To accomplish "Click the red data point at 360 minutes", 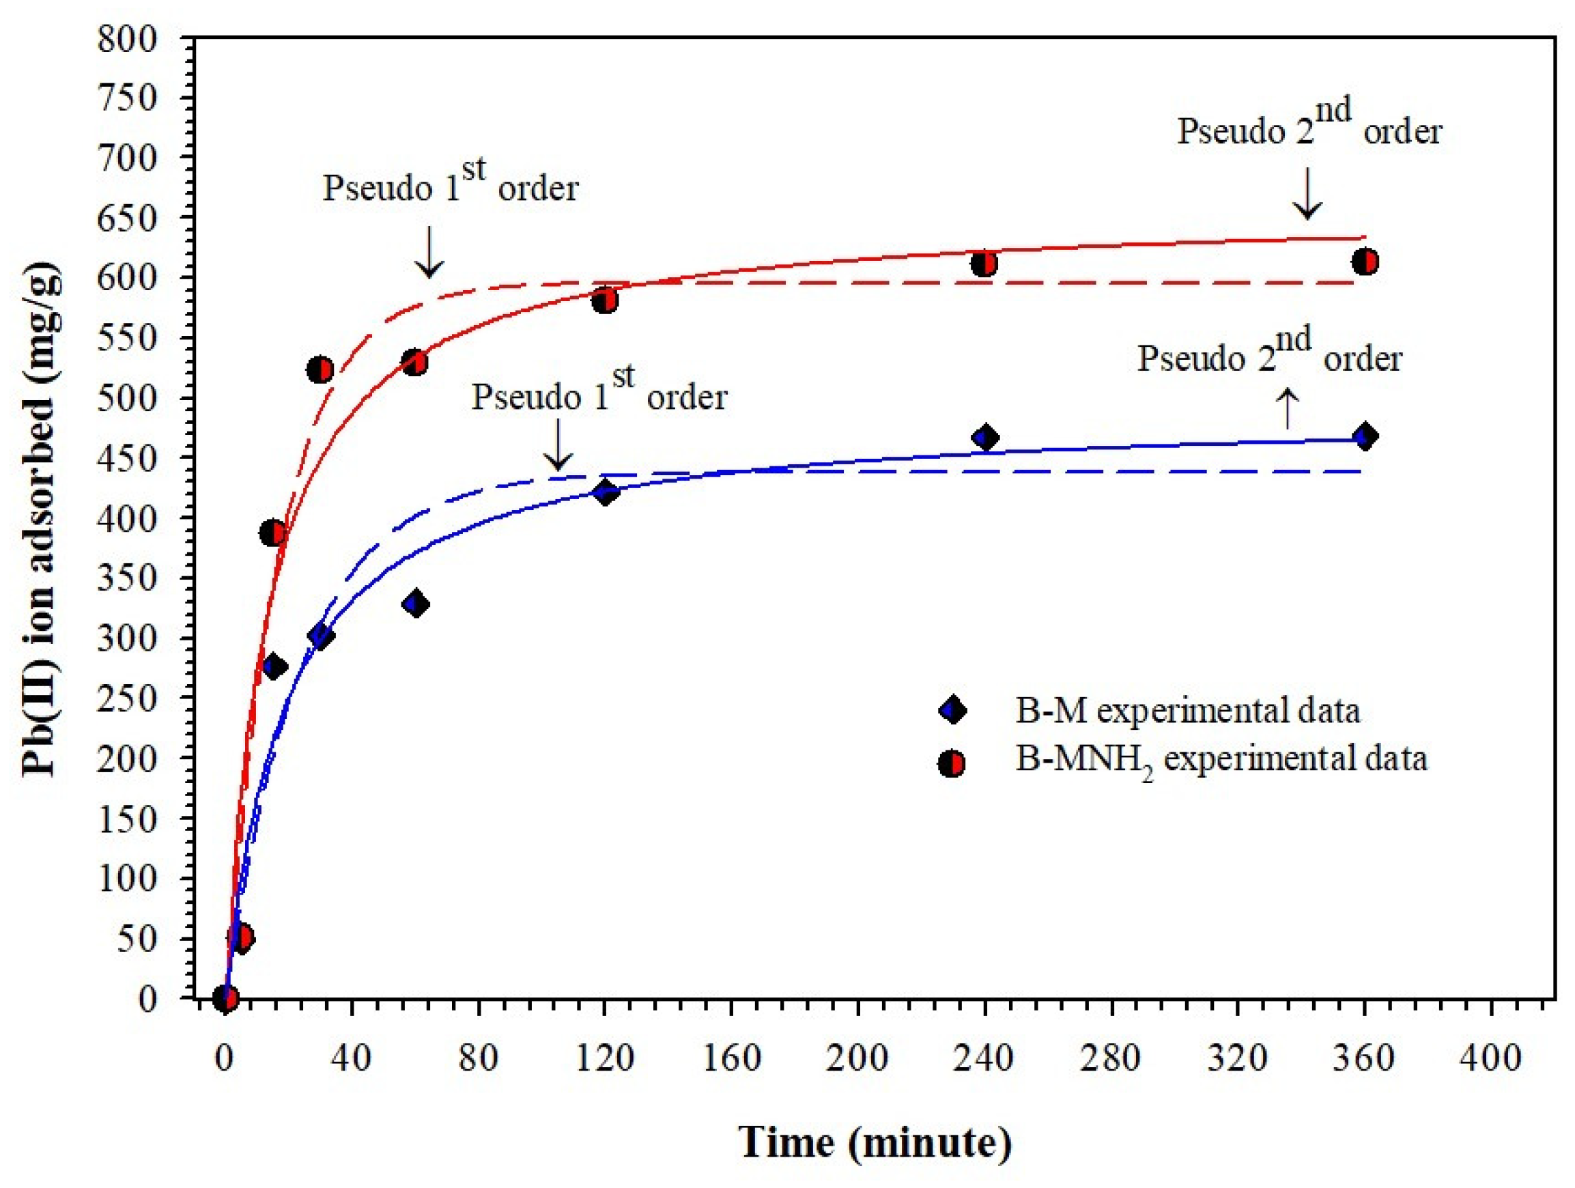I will (x=1365, y=261).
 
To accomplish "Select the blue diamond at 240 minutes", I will (x=985, y=438).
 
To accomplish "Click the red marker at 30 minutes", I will (x=320, y=369).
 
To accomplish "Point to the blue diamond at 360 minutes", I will (x=1365, y=436).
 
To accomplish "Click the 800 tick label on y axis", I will (x=128, y=38).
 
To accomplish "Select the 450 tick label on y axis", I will (x=128, y=459).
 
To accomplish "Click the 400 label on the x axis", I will (x=1490, y=1058).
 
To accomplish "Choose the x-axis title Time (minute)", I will (x=875, y=1143).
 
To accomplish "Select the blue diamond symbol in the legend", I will (x=952, y=710).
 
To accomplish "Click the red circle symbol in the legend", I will (x=952, y=764).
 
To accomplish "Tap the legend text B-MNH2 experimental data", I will (x=1221, y=759).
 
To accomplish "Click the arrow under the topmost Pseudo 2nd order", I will (x=1307, y=193).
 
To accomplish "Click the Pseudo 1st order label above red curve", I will (x=450, y=184).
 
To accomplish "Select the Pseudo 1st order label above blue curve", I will (x=599, y=393).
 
